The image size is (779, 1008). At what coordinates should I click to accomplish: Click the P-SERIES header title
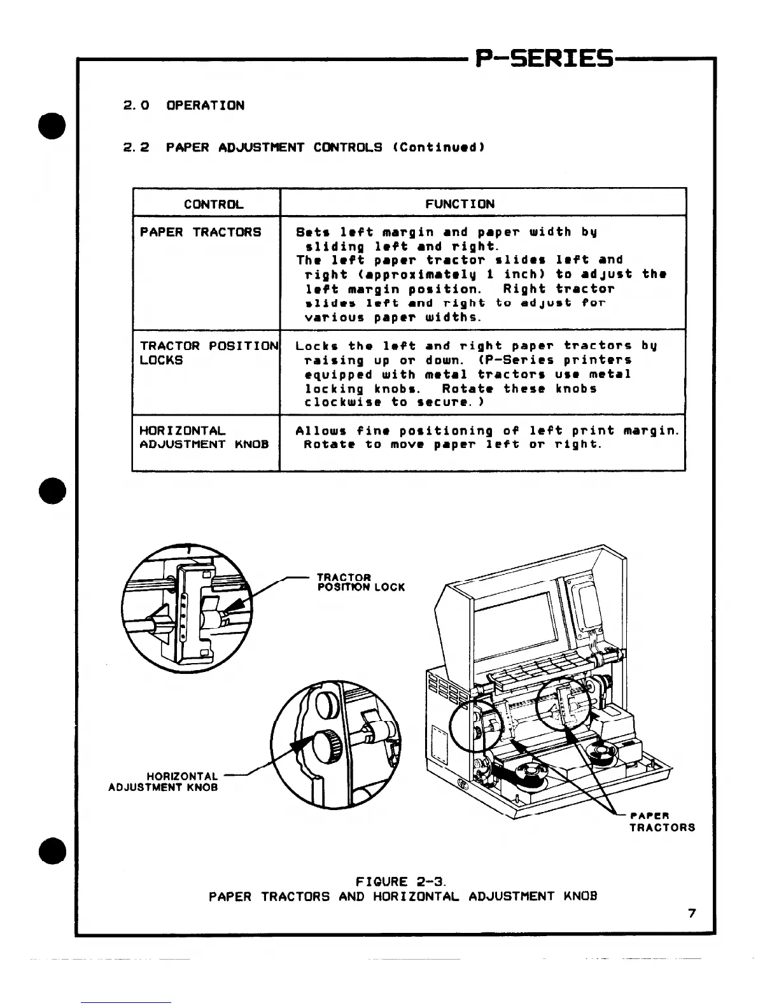tap(545, 60)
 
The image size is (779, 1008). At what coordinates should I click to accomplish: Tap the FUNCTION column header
tap(460, 204)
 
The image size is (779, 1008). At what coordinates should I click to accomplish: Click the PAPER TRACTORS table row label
tap(200, 232)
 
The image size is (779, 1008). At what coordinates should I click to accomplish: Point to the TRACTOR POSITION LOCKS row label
tap(209, 353)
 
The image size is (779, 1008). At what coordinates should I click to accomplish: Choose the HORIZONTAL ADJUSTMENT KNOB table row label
tap(204, 438)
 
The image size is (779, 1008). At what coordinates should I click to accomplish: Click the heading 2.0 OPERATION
tap(183, 106)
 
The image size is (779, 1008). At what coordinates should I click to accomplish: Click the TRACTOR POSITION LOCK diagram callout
tap(360, 582)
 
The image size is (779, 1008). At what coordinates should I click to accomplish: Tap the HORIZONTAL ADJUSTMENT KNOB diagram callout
tap(164, 781)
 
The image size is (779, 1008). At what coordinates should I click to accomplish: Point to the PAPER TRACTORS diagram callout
tap(661, 822)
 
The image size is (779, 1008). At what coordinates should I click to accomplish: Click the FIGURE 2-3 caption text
tap(402, 882)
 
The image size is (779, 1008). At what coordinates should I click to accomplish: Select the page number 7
tap(692, 914)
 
